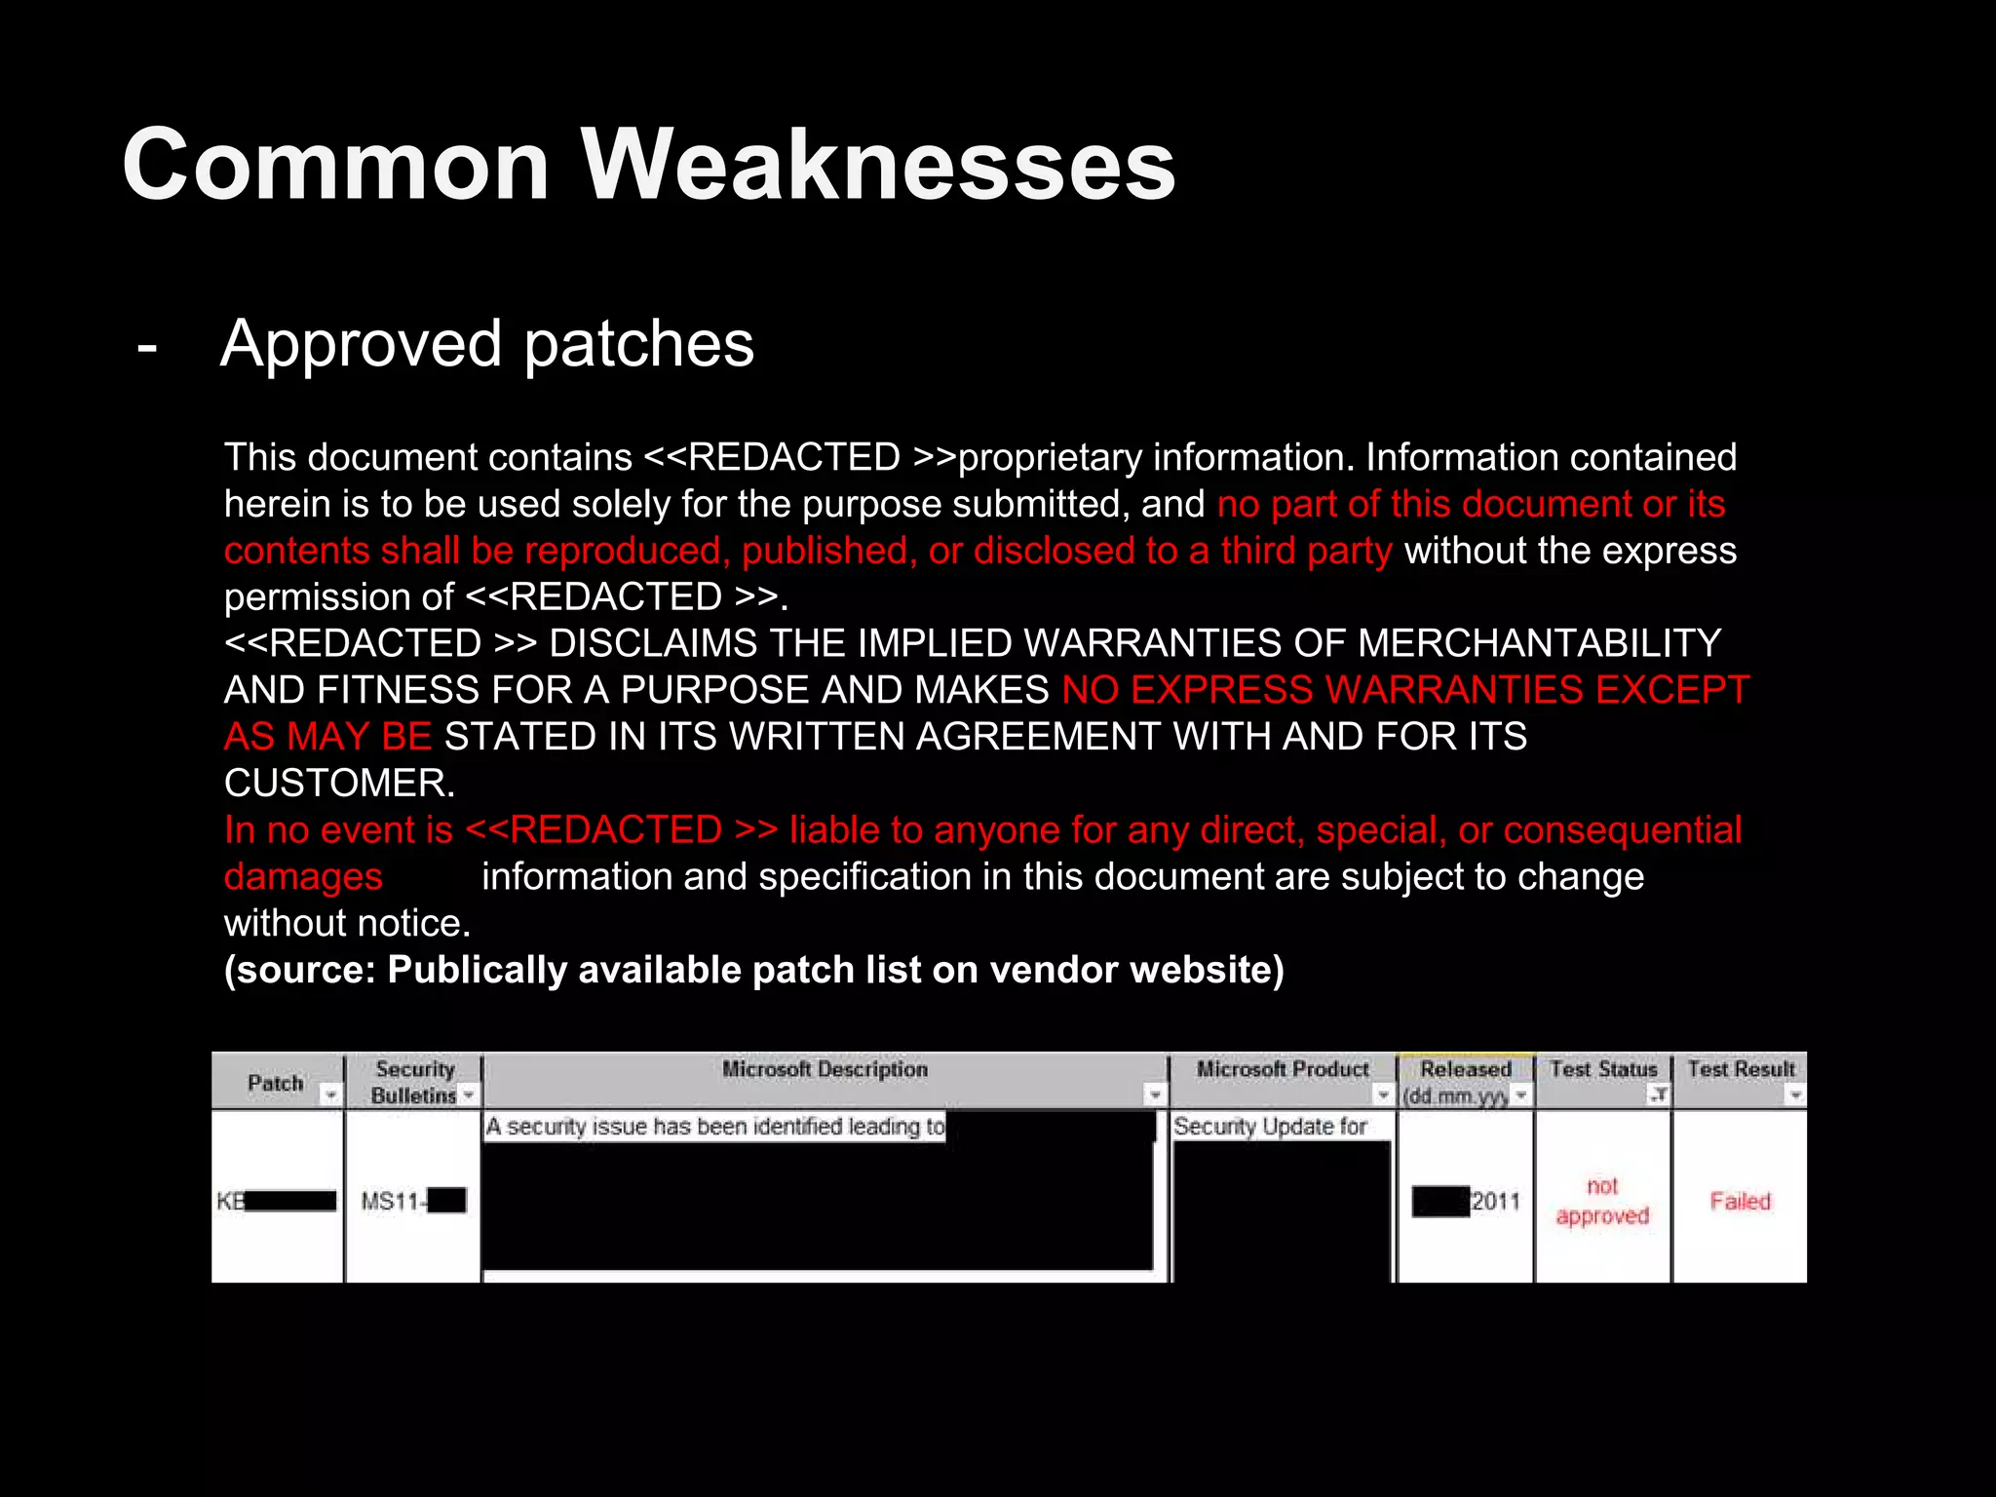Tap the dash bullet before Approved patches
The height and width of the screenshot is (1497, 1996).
coord(147,345)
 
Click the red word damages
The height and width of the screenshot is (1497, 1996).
coord(303,876)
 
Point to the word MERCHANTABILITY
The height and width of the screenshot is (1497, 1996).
coord(1539,643)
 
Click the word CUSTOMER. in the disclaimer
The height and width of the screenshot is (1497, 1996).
coord(339,783)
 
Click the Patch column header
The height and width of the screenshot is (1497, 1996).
coord(275,1082)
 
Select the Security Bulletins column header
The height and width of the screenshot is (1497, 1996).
coord(414,1082)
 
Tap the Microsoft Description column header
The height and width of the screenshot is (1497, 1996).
coord(825,1069)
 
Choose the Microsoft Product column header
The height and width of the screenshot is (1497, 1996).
coord(1283,1069)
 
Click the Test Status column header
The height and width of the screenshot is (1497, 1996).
coord(1602,1069)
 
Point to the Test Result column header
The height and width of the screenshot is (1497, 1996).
coord(1741,1069)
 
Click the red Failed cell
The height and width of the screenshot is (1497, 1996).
coord(1740,1201)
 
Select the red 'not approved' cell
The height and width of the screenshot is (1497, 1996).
coord(1602,1201)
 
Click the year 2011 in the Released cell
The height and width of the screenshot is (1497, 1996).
coord(1495,1201)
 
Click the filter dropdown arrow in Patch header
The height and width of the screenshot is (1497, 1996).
coord(331,1095)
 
